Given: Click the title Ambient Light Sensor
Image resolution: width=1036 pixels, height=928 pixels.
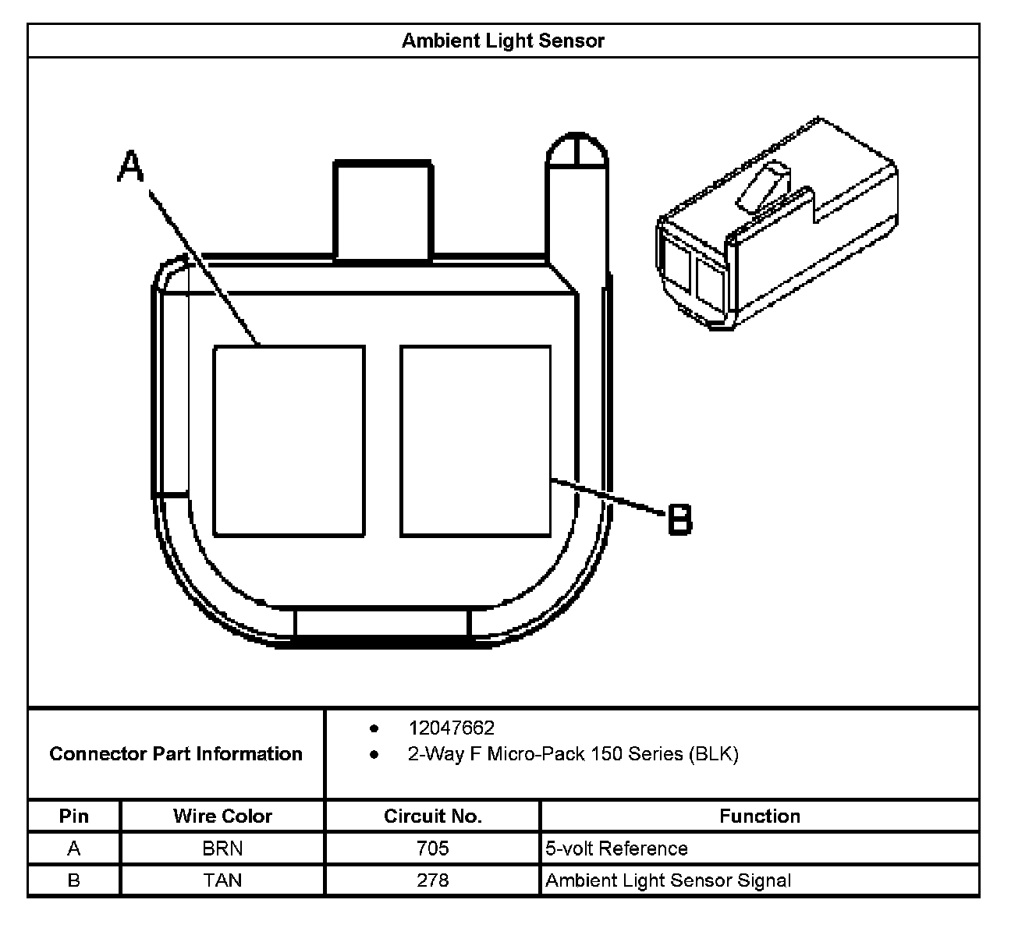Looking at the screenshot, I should pos(502,41).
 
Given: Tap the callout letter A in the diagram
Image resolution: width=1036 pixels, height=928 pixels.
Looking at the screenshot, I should pos(131,167).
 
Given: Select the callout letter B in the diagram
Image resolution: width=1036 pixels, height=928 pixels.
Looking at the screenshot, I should pos(680,519).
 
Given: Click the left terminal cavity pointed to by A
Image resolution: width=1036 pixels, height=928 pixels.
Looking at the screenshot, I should pos(289,441).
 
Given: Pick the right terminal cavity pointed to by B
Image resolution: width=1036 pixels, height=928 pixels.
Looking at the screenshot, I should pos(475,441).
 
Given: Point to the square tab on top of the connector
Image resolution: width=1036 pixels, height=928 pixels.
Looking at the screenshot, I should pos(383,211).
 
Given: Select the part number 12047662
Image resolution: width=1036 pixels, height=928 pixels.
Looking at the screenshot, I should pos(451,728).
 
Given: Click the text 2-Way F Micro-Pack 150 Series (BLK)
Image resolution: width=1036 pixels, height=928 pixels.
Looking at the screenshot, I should pos(573,754).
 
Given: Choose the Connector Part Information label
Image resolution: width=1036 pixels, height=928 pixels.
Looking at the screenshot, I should pos(176,753).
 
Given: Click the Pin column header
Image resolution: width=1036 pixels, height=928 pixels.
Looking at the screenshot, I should pos(74,816).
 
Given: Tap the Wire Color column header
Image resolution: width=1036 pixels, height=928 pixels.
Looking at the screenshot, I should pos(222,816).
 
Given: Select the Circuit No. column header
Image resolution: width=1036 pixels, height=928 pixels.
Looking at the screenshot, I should pos(433,816).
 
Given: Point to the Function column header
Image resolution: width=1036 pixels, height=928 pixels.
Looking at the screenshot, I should pos(759,816).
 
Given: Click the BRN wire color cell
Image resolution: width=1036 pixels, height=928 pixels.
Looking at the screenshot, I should pos(222,848).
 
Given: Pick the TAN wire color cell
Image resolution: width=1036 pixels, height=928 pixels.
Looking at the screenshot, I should pos(222,880).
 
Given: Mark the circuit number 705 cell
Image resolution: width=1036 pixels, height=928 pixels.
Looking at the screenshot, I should pos(433,848).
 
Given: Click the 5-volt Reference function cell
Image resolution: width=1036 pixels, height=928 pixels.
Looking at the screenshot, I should pos(616,848).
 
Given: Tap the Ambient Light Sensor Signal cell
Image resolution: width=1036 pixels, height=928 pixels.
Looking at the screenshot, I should pos(668,880).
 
